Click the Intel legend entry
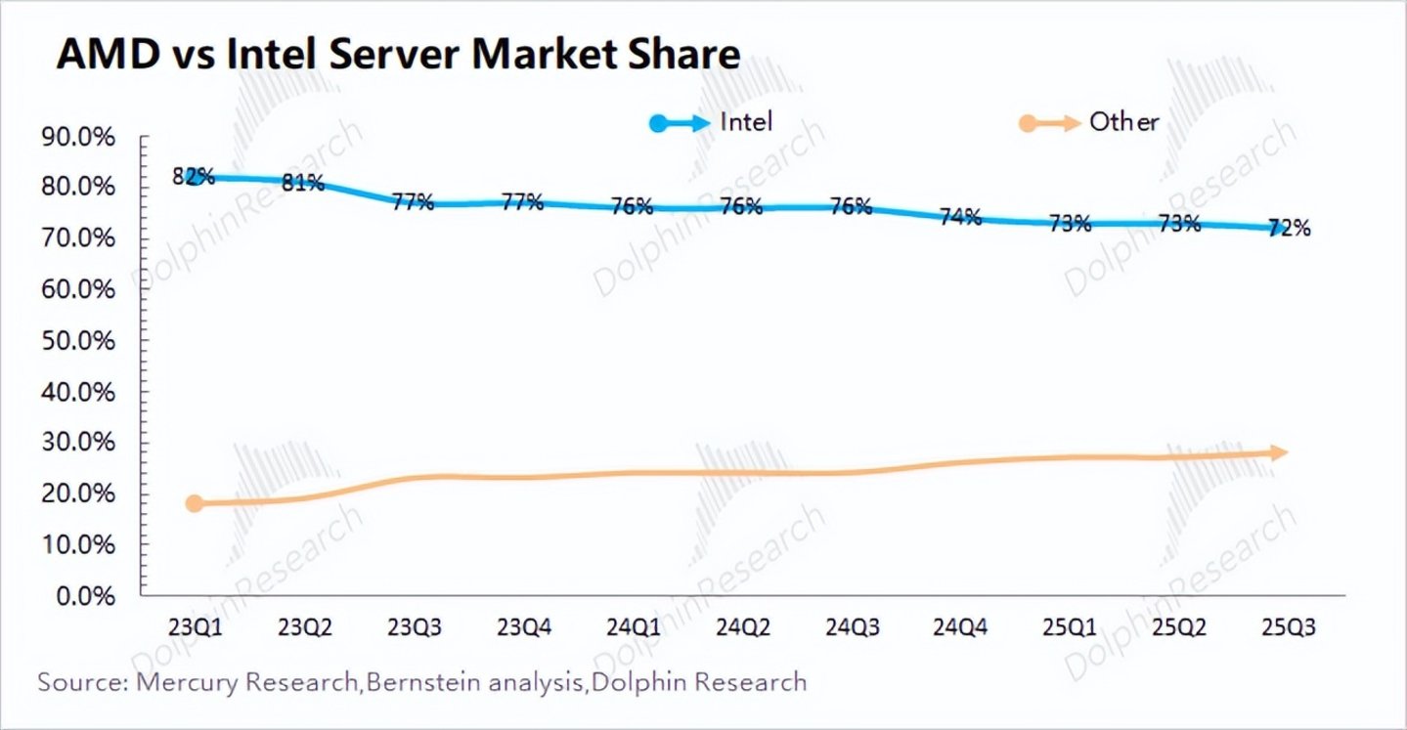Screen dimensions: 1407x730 coord(711,122)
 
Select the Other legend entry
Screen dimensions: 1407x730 coord(1088,122)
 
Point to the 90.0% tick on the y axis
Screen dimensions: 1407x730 coord(78,137)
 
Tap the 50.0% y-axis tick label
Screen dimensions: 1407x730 coord(78,341)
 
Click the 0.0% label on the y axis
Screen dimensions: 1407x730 coord(86,596)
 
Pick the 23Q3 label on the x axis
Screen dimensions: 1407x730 coord(414,627)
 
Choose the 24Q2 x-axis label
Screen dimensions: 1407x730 coord(742,627)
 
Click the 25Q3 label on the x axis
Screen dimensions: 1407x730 coord(1289,627)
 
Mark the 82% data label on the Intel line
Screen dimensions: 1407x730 coord(194,177)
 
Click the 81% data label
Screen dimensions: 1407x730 coord(303,184)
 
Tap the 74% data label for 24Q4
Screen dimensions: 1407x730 coord(960,217)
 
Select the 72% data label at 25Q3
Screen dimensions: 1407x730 coord(1290,228)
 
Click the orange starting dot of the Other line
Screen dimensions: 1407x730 coord(195,502)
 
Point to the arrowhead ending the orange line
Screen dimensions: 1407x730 coord(1278,452)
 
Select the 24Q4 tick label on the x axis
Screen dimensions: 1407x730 coord(960,627)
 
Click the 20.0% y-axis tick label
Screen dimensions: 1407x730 coord(78,494)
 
